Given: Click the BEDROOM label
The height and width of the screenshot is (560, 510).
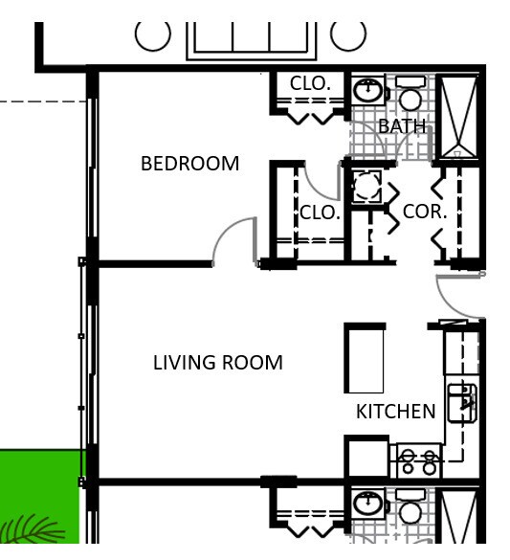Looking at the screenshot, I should pos(189,164).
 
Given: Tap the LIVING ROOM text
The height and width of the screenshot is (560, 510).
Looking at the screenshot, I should pos(217,363).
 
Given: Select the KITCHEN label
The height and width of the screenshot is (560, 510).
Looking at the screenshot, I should pos(395,412).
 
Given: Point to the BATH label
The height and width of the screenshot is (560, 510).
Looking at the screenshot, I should pos(401,126).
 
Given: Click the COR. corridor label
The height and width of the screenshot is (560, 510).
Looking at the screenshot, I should pos(424,213).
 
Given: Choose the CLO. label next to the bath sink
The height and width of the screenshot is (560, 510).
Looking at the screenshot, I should pos(310,84).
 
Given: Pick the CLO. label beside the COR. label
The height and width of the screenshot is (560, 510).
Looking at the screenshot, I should pos(320,213).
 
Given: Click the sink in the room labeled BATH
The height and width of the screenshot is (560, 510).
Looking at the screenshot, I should pos(367,92).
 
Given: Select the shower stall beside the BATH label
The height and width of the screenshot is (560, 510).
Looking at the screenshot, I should pos(456,117).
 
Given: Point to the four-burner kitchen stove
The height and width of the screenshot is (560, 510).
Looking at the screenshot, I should pos(418,461).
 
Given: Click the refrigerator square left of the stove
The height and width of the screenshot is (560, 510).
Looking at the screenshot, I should pos(366,458).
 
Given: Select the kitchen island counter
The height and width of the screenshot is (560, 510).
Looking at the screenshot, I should pos(364,359).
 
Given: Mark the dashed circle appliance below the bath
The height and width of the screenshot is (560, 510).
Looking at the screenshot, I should pos(366,187).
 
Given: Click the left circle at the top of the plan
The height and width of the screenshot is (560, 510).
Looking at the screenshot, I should pos(152,34).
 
